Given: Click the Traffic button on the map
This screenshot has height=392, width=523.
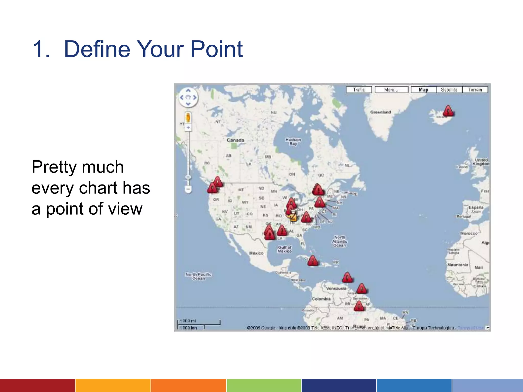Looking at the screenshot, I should coord(359,90).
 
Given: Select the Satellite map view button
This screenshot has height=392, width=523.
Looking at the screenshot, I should coord(449,90).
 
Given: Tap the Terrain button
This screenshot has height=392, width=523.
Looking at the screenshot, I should coord(475,90).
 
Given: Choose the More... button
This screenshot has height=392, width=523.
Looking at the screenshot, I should coord(391,90).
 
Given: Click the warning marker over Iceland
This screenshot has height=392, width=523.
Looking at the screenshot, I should coord(448,111).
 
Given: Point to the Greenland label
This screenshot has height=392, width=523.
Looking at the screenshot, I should coord(381,112).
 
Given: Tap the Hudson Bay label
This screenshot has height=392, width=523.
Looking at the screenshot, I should coord(293,142).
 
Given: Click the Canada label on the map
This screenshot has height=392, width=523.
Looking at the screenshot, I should coord(235,140).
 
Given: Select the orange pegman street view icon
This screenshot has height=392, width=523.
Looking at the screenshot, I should coord(188,118).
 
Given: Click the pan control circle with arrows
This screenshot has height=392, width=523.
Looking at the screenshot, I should coord(188,97).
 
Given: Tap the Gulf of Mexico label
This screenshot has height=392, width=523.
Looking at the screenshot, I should coord(284,249).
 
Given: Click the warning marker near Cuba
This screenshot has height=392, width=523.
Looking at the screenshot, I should coord(313,261).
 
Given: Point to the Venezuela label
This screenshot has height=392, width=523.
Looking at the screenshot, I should coord(336,288).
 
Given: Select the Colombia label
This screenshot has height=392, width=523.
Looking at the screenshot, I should coord(321,299).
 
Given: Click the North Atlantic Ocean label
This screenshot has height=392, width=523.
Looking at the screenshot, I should coord(339,241).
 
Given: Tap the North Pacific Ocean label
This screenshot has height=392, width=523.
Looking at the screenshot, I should coord(198,276).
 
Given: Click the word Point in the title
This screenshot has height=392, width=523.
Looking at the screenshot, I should coord(217,49).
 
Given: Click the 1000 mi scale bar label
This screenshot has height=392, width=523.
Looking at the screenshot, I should coord(188,321).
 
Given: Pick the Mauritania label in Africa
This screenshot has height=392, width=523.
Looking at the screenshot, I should coord(458,265).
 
